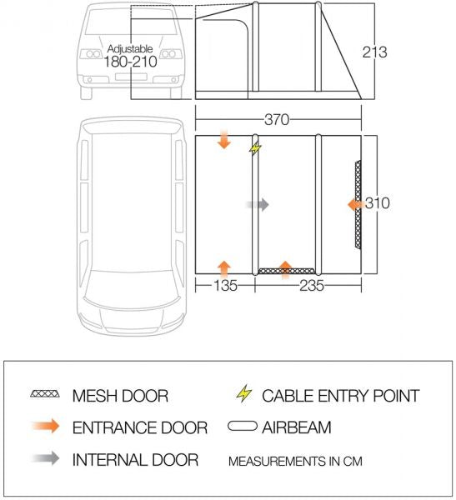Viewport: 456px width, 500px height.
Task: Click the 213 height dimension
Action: tap(375, 52)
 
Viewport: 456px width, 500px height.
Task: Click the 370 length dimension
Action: tap(277, 119)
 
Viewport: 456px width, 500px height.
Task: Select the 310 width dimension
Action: tap(378, 203)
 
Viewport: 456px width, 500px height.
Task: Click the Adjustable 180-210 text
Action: tap(130, 56)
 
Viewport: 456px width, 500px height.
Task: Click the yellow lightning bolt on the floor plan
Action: tap(255, 148)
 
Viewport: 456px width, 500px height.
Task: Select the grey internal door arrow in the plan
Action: tap(258, 203)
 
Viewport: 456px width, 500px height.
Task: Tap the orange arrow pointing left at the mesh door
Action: tap(355, 203)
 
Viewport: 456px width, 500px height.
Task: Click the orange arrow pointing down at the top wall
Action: tap(223, 139)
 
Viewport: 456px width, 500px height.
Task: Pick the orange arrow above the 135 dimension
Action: tap(223, 267)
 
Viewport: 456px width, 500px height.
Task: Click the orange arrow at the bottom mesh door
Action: tap(286, 267)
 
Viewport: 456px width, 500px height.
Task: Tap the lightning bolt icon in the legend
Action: tap(243, 393)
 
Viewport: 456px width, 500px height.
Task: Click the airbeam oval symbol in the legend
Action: tap(243, 427)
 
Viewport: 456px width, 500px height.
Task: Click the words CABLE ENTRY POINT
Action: tap(340, 395)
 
